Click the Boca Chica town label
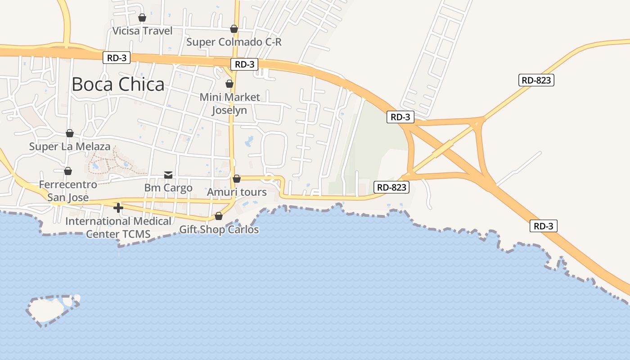[x=118, y=85]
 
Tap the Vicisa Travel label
[x=142, y=31]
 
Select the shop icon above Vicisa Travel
[x=142, y=18]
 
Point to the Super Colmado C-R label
[x=234, y=42]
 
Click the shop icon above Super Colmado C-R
[x=234, y=29]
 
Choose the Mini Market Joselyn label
[x=229, y=103]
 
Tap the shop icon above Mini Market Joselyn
[x=229, y=84]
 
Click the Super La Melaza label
[x=70, y=147]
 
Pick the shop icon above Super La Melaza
[x=70, y=133]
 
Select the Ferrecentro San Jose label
[x=68, y=191]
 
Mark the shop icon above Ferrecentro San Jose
[x=68, y=171]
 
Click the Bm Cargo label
[x=168, y=188]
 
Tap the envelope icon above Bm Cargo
[x=168, y=175]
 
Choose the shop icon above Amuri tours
[x=237, y=179]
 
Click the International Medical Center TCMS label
[x=118, y=228]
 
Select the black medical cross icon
[x=118, y=208]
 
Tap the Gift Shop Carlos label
[x=219, y=230]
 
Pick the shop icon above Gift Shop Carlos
[x=219, y=216]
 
